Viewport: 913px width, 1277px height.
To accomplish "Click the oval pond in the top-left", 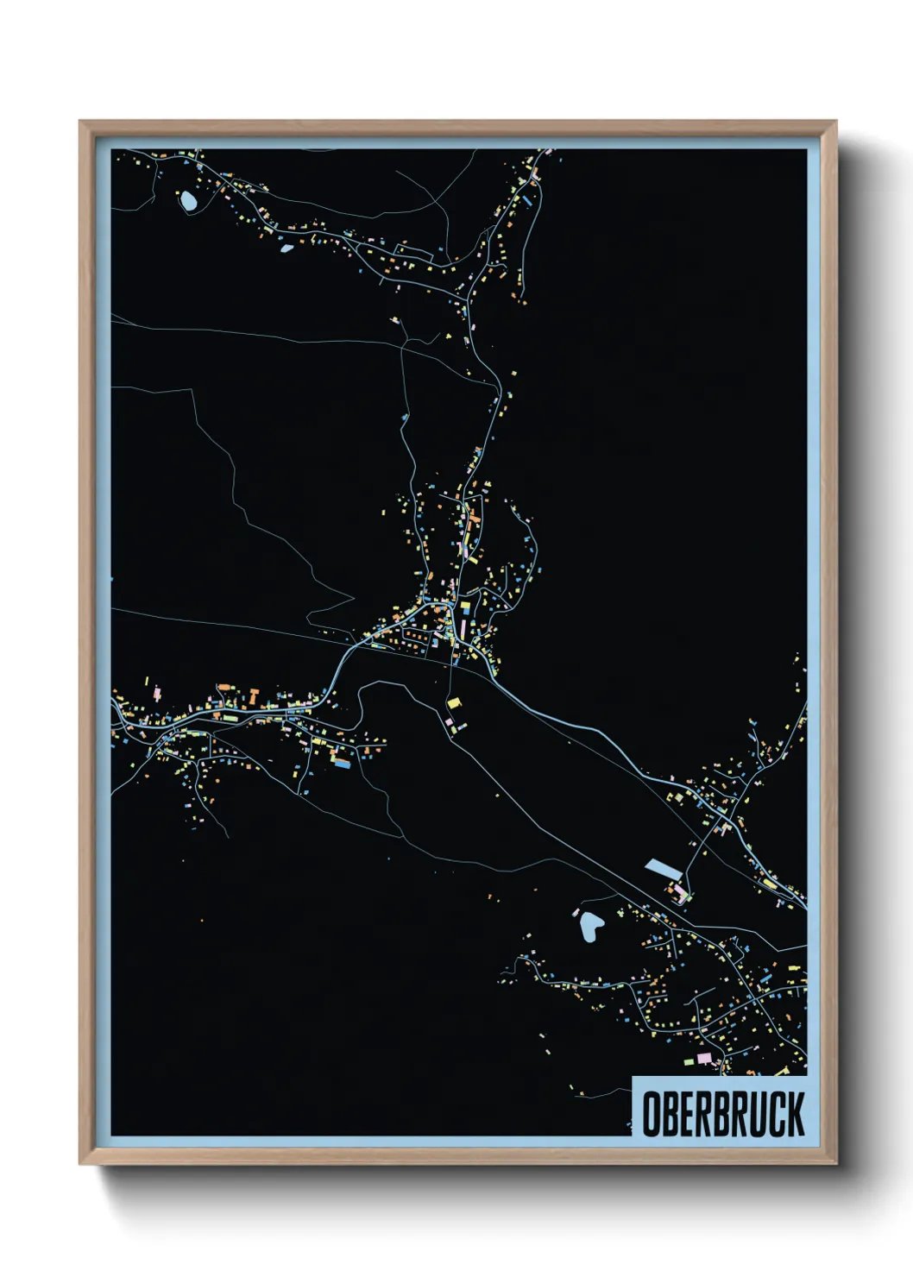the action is (188, 202).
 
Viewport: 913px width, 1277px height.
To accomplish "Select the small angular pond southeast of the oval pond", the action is (286, 248).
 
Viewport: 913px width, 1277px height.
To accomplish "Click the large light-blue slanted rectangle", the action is (663, 866).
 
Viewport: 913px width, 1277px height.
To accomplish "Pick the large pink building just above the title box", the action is (704, 1058).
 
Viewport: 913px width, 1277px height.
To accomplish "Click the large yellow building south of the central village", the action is (453, 704).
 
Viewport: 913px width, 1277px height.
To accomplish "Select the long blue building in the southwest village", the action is (343, 763).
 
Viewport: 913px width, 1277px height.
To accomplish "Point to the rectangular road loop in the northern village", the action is (414, 255).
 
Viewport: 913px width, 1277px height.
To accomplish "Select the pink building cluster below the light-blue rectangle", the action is (678, 890).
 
